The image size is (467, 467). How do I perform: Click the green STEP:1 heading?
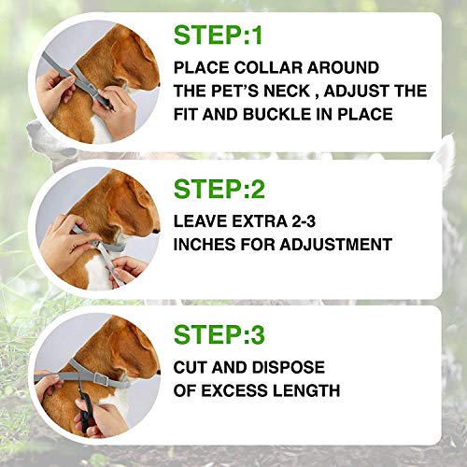pos(218,35)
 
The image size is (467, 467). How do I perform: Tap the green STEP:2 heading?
pos(219,189)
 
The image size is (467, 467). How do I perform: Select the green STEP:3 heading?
pos(219,334)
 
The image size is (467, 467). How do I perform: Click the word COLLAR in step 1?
pos(268,67)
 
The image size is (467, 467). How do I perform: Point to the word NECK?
pos(287,91)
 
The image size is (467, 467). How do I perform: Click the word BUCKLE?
pos(277,114)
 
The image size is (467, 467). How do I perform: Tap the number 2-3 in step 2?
pos(304,221)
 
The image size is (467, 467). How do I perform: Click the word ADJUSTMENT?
pos(335,245)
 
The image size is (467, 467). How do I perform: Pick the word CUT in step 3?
pos(190,367)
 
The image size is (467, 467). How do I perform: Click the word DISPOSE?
pos(289,367)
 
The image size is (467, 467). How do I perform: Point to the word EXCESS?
pos(233,390)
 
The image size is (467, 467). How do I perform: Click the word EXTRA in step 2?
pos(259,221)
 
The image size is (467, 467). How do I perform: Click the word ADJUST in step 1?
pos(353,91)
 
